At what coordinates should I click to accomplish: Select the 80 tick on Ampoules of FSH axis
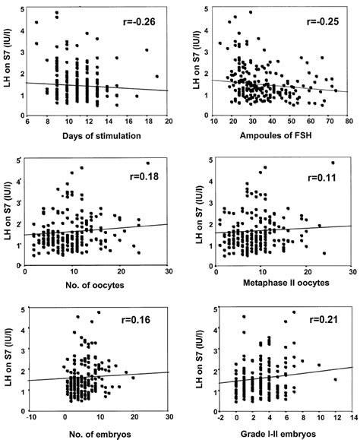[x=349, y=122]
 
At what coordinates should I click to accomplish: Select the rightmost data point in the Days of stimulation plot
[x=157, y=76]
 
